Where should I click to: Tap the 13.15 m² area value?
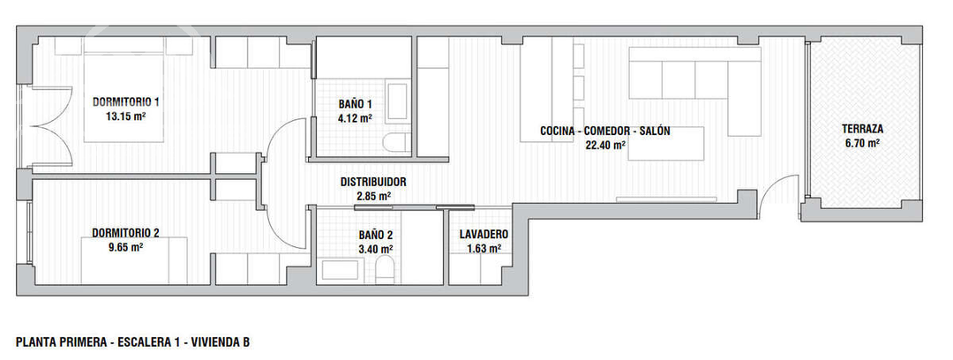coord(125,116)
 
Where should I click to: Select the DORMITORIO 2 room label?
coord(125,233)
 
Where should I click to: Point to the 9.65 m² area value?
coord(125,247)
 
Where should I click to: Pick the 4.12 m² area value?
coord(355,116)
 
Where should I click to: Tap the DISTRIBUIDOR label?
coord(373,182)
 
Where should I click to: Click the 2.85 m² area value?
coord(373,196)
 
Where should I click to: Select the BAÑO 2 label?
coord(376,235)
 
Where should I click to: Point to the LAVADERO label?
coord(484,235)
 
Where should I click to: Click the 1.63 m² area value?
coord(484,249)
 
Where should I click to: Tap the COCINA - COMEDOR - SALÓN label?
coord(605,131)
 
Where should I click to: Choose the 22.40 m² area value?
coord(605,146)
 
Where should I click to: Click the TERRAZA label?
coord(862,129)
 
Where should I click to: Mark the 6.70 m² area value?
coord(862,143)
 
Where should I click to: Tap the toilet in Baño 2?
coord(386,271)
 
